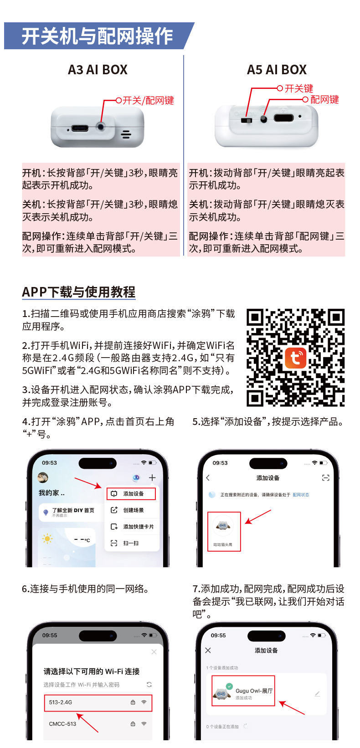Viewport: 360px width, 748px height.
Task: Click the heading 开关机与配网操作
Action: pyautogui.click(x=97, y=36)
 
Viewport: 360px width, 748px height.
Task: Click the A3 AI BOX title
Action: pyautogui.click(x=98, y=70)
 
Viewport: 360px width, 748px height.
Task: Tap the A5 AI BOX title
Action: pyautogui.click(x=277, y=70)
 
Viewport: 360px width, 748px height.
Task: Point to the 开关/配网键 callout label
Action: pyautogui.click(x=148, y=100)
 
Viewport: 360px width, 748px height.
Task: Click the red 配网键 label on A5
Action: pyautogui.click(x=324, y=99)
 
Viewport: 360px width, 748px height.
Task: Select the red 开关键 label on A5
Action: pyautogui.click(x=298, y=88)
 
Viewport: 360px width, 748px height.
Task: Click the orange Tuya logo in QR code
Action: pyautogui.click(x=295, y=358)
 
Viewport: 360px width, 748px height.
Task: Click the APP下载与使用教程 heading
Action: pyautogui.click(x=79, y=292)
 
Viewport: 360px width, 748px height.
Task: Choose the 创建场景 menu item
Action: pyautogui.click(x=133, y=510)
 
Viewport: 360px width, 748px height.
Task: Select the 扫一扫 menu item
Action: pyautogui.click(x=131, y=543)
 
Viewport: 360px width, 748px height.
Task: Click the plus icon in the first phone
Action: pyautogui.click(x=152, y=477)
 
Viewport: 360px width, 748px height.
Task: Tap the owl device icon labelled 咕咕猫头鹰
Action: pyautogui.click(x=223, y=527)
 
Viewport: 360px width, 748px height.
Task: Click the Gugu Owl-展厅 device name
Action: pyautogui.click(x=254, y=691)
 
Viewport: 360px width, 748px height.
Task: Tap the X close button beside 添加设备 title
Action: pyautogui.click(x=208, y=650)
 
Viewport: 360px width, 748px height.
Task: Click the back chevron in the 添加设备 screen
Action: pyautogui.click(x=208, y=477)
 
